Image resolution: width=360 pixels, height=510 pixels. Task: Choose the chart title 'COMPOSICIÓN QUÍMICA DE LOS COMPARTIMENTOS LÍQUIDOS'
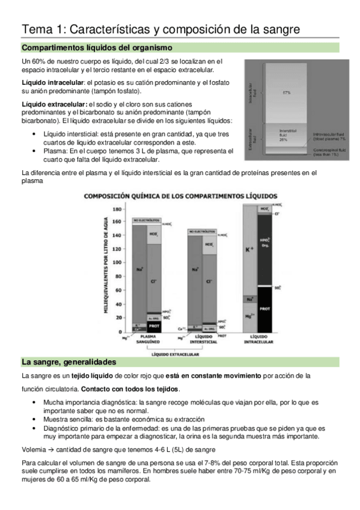tap(180, 196)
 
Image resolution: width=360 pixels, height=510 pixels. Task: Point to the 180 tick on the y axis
tap(118, 209)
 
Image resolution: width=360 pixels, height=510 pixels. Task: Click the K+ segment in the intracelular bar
tap(248, 248)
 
